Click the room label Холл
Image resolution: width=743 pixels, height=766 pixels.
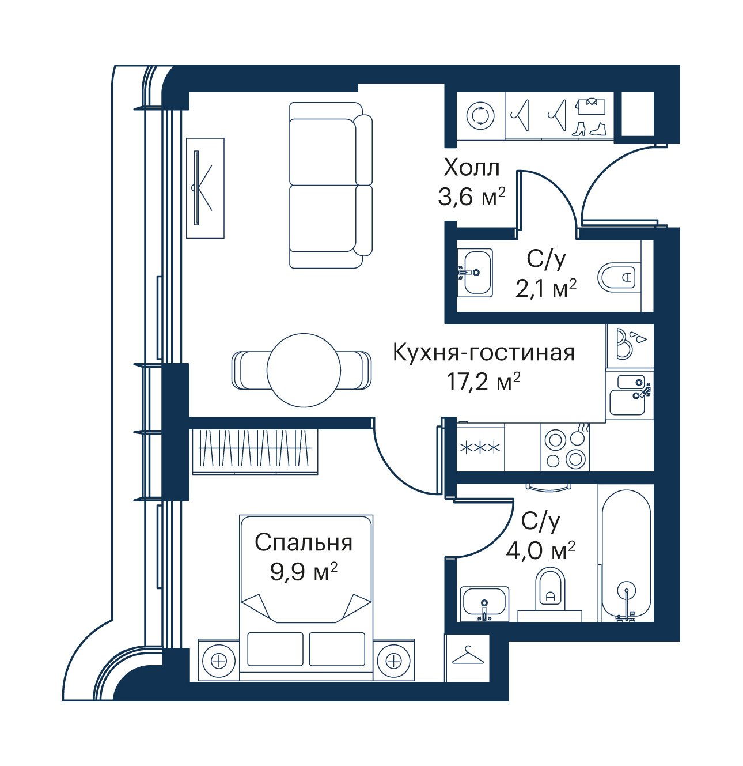(472, 168)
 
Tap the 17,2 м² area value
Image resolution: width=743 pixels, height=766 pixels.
(483, 381)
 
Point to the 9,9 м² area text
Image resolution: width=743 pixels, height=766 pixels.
(304, 572)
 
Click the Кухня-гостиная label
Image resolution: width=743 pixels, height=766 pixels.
(483, 352)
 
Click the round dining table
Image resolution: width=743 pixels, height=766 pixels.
(304, 371)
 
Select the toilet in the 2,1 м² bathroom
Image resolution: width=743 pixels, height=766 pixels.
(616, 276)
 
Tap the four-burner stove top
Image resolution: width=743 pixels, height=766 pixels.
(565, 448)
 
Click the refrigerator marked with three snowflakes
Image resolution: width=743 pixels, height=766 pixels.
(480, 448)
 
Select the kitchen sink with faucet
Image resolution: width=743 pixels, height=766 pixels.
(629, 395)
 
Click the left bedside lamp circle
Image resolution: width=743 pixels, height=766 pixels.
(218, 660)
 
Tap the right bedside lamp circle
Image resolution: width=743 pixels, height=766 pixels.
(393, 660)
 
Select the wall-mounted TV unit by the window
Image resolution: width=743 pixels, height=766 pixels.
(205, 188)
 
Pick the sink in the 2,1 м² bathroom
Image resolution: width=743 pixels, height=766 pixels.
(475, 273)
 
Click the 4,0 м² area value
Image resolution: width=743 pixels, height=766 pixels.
(540, 552)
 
